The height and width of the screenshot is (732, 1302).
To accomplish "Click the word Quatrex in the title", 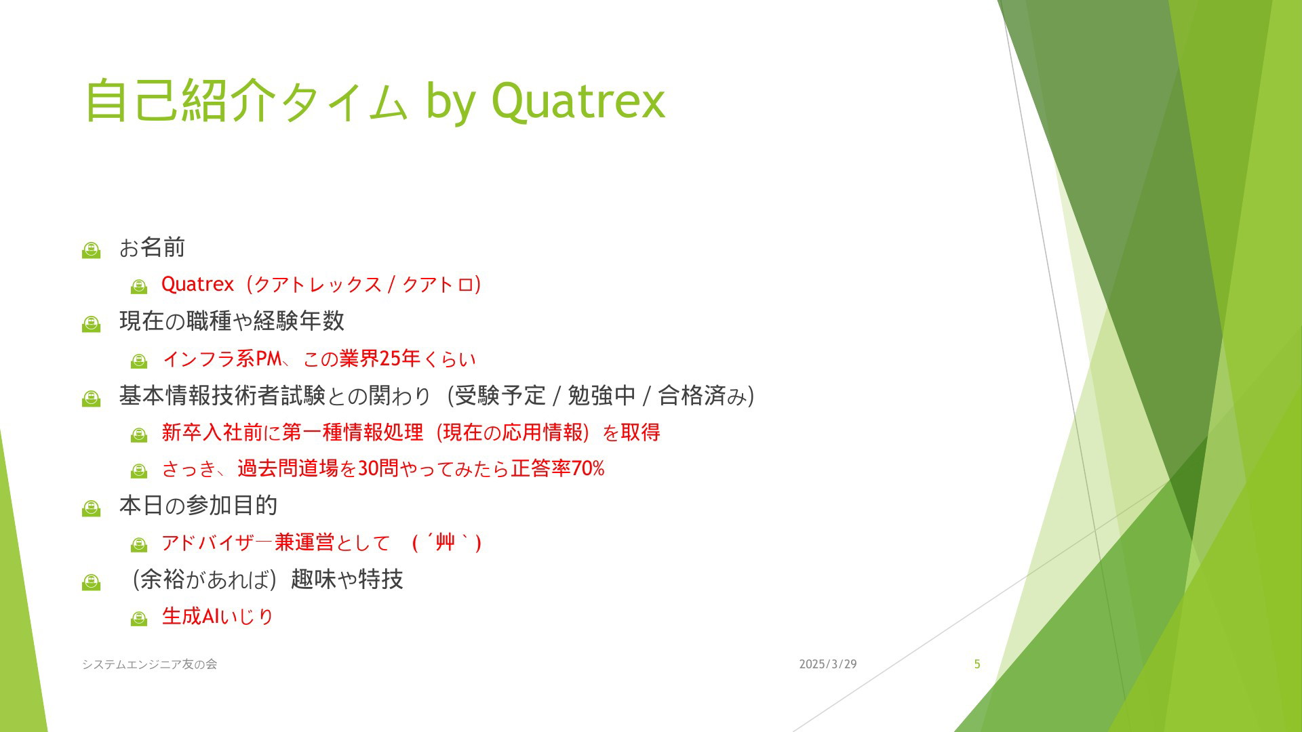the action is pyautogui.click(x=578, y=102).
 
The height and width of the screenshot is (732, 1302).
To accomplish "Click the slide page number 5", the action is pyautogui.click(x=977, y=664).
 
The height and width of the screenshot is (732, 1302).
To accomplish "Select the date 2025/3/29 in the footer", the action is pyautogui.click(x=828, y=664).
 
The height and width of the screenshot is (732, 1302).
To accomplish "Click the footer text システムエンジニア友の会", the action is pyautogui.click(x=150, y=664).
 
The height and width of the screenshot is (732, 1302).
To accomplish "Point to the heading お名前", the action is pyautogui.click(x=152, y=247).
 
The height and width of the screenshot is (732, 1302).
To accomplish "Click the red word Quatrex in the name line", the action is pyautogui.click(x=197, y=284).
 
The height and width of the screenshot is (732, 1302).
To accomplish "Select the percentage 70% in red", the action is pyautogui.click(x=588, y=468).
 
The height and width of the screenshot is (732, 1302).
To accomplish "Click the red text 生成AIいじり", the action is pyautogui.click(x=218, y=616).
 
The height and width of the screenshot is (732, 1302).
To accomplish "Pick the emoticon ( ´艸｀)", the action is pyautogui.click(x=447, y=542).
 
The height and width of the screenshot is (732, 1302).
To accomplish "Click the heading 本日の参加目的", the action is pyautogui.click(x=198, y=506).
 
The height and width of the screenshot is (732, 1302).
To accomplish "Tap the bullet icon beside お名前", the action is pyautogui.click(x=91, y=250).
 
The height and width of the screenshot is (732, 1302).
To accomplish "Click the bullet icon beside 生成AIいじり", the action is pyautogui.click(x=139, y=618).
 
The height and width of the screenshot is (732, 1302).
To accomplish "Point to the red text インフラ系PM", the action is pyautogui.click(x=222, y=358).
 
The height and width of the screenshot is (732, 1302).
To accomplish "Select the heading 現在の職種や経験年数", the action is pyautogui.click(x=232, y=321).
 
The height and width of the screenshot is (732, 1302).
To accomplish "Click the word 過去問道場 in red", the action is pyautogui.click(x=288, y=468).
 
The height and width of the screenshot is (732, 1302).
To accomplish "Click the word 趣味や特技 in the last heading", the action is pyautogui.click(x=347, y=579).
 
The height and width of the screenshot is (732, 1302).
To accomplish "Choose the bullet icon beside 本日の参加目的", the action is pyautogui.click(x=91, y=508).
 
